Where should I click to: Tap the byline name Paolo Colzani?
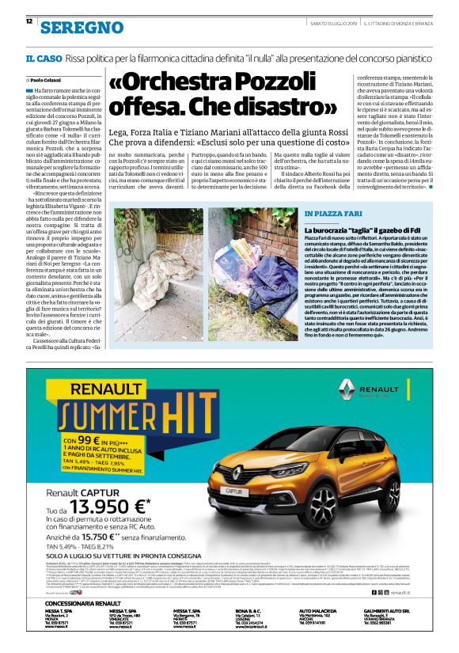(x=48, y=81)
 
